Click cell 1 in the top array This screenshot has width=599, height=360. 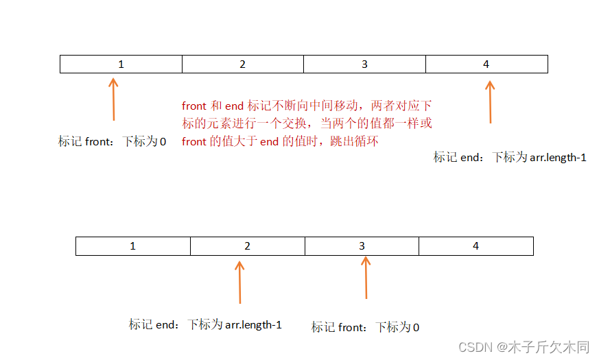pos(121,64)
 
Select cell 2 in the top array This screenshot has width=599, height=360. pos(243,64)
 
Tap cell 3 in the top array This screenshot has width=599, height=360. pos(364,64)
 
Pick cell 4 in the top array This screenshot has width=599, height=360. pos(486,64)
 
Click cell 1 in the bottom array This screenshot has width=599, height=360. pos(133,245)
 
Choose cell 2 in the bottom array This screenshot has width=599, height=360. pos(248,245)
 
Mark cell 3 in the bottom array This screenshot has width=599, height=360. pos(362,245)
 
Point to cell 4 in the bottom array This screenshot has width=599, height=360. pos(476,245)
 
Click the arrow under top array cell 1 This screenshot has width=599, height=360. pos(114,99)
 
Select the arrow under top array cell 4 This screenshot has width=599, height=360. pos(490,101)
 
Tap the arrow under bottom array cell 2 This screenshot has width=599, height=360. pos(239,281)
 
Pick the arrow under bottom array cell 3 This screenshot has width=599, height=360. pos(366,278)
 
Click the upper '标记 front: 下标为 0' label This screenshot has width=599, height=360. pos(113,142)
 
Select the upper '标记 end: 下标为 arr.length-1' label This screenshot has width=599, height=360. pos(510,157)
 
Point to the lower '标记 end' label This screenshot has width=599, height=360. pos(205,324)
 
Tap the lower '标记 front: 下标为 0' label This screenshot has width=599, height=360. pos(365,327)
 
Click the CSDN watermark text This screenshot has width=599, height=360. pos(524,347)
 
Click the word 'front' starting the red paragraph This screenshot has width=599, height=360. pos(194,106)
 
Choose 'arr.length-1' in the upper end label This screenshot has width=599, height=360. pos(558,157)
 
